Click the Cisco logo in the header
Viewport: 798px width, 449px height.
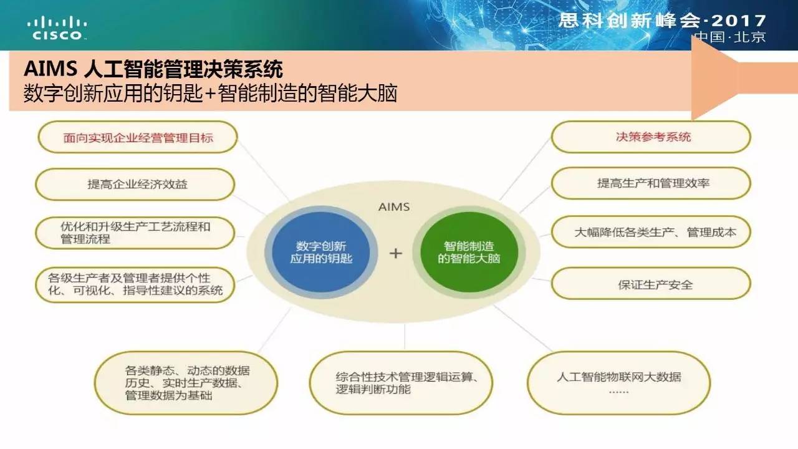57,28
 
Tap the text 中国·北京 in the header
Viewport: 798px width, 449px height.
730,37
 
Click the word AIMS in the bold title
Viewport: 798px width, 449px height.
50,69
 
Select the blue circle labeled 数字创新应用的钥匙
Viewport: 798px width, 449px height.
320,253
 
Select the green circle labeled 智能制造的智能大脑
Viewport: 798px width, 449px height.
469,253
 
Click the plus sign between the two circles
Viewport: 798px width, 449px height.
395,253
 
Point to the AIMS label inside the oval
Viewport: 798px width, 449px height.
394,207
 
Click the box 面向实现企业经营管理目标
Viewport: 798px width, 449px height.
138,137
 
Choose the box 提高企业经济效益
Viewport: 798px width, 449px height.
135,184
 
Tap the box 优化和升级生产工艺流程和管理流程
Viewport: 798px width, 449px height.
135,233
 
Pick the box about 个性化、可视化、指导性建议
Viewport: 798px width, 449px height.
135,285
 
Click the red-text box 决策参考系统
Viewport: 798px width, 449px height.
651,137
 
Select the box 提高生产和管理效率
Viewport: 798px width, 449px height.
651,183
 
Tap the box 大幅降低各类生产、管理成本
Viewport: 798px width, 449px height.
651,232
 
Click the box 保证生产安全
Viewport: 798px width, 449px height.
651,284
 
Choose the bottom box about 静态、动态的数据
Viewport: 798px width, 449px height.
186,383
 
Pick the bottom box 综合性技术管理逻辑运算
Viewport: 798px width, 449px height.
401,383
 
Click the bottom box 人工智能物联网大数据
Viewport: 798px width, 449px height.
619,383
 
